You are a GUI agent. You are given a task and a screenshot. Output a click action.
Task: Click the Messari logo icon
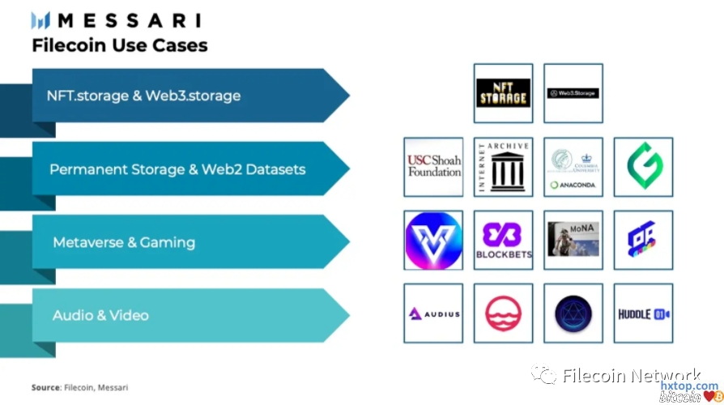(40, 20)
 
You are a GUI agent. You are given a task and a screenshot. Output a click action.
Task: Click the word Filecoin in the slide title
(67, 45)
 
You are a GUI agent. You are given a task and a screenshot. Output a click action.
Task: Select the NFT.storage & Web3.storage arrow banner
(178, 96)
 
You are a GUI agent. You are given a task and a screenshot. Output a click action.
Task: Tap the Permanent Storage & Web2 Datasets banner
(178, 169)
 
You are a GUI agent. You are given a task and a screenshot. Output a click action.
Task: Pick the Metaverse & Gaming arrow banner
(178, 242)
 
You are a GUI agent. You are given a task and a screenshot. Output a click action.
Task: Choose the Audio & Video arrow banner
(178, 315)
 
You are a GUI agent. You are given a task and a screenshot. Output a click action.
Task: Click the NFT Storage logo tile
(503, 93)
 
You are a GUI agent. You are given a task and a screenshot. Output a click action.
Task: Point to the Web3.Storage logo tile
(573, 93)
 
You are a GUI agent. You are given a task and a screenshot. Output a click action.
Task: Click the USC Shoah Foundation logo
(433, 167)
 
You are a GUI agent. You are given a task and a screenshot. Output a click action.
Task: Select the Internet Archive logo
(503, 167)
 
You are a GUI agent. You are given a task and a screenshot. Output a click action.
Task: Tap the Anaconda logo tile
(573, 167)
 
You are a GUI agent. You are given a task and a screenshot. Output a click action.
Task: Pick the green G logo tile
(643, 167)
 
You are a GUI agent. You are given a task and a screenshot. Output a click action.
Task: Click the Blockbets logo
(503, 241)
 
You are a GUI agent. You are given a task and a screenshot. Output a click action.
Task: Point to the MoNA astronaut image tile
(573, 241)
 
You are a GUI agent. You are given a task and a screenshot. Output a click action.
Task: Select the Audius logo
(433, 313)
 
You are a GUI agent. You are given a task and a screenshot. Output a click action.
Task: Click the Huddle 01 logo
(643, 313)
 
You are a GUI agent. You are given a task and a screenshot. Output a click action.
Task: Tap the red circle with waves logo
(503, 313)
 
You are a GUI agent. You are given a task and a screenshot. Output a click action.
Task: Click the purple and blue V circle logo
(433, 241)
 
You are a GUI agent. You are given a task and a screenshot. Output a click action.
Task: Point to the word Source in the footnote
(45, 387)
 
